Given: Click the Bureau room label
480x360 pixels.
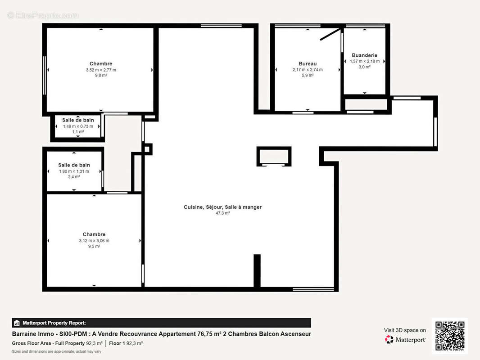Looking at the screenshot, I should pyautogui.click(x=308, y=63).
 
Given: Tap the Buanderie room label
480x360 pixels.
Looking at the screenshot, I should pyautogui.click(x=364, y=55).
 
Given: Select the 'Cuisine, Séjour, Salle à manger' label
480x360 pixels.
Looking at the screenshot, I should pyautogui.click(x=222, y=207).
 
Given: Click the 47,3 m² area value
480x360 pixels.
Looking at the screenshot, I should pyautogui.click(x=222, y=213).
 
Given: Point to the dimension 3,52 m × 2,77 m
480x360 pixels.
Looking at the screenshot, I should pyautogui.click(x=101, y=70).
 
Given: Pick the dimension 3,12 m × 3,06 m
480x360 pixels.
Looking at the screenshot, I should pyautogui.click(x=94, y=240).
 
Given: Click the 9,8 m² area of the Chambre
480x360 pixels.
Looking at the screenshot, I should pyautogui.click(x=101, y=76).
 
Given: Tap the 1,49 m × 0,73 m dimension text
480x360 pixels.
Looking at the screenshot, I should pyautogui.click(x=78, y=126).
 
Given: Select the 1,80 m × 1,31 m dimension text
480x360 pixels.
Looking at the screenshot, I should pyautogui.click(x=74, y=171).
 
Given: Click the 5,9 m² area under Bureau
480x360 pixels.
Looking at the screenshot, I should pyautogui.click(x=308, y=76).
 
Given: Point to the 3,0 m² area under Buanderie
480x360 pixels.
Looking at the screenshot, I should pyautogui.click(x=364, y=67).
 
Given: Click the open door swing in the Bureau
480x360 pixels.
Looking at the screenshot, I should pyautogui.click(x=330, y=34).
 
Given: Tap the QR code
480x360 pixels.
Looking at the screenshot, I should pyautogui.click(x=450, y=336).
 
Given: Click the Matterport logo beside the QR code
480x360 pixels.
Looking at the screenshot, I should pyautogui.click(x=405, y=340).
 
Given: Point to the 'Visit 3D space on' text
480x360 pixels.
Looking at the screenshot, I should pyautogui.click(x=405, y=330).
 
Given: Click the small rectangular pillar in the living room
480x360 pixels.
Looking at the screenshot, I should pyautogui.click(x=274, y=157).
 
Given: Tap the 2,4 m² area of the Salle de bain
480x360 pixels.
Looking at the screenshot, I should pyautogui.click(x=74, y=177).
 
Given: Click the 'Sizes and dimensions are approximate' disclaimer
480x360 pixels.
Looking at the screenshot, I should pyautogui.click(x=56, y=351).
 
